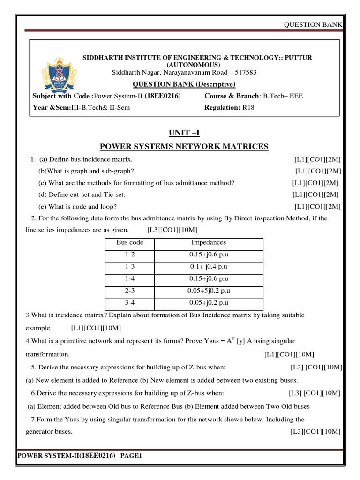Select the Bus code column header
point(130,243)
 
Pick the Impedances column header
point(209,243)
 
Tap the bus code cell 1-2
point(130,255)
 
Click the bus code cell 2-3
point(130,291)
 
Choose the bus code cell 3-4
point(130,303)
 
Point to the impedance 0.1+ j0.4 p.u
point(209,267)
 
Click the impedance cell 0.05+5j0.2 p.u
point(209,291)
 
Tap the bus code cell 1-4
point(130,279)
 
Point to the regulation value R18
point(248,107)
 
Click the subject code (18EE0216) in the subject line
point(163,96)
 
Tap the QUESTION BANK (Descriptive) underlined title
point(184,84)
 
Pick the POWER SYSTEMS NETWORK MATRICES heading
point(184,147)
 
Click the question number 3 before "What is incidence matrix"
point(28,315)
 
